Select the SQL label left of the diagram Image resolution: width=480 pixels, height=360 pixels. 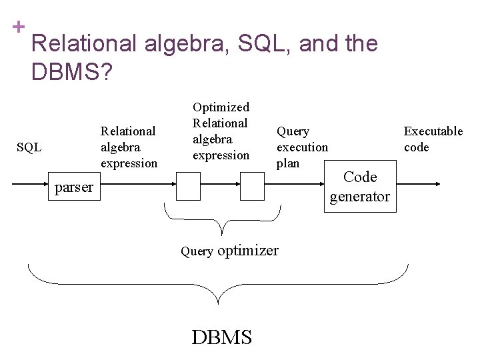point(29,147)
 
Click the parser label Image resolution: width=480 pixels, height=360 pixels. point(74,187)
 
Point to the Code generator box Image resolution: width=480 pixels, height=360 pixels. point(360,187)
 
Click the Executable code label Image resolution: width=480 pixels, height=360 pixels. point(433,139)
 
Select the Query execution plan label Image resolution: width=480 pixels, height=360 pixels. point(302,147)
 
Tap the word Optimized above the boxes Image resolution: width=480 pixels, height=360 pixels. point(221,107)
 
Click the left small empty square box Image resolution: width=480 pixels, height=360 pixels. point(188,187)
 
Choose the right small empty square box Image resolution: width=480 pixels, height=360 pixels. point(253,187)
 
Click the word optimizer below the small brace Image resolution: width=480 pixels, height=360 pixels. point(248,251)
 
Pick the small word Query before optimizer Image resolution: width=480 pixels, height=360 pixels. point(197,252)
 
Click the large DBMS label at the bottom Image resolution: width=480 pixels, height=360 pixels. point(221,337)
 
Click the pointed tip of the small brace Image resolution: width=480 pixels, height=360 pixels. point(223,234)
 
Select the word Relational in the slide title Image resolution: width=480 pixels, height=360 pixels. point(83,44)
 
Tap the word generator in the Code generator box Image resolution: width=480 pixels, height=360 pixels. point(360,197)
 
